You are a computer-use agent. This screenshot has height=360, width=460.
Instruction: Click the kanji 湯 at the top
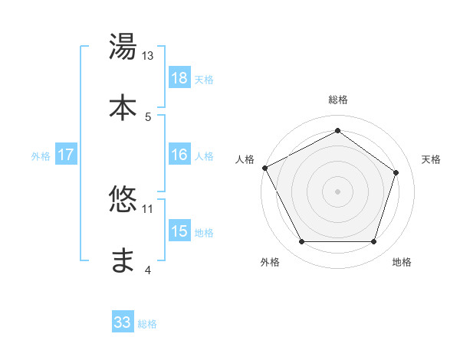tap(123, 48)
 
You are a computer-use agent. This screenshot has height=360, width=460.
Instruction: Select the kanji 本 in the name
tap(123, 106)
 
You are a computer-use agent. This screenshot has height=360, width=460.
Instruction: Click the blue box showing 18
tap(179, 78)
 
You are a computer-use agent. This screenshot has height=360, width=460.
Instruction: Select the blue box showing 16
tap(179, 155)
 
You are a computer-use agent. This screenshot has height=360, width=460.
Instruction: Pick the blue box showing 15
tap(179, 231)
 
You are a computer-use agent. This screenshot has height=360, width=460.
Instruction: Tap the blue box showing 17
tap(66, 155)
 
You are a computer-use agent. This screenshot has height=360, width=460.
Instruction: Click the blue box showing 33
tap(123, 322)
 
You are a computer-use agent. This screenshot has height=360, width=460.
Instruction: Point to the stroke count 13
tap(148, 56)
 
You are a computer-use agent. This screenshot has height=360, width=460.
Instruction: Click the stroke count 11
tap(148, 208)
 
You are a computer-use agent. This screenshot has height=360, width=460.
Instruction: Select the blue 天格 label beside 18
tap(204, 80)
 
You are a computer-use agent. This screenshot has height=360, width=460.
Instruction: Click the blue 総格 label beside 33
tap(147, 324)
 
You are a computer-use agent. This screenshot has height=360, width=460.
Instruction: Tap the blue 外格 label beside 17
tap(41, 156)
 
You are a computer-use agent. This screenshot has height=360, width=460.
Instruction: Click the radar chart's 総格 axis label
tap(337, 100)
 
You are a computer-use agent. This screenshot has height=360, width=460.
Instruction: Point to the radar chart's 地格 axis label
tap(402, 263)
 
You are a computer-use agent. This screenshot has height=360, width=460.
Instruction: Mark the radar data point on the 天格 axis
tap(396, 173)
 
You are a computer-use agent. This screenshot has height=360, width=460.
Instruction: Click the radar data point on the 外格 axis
tap(301, 242)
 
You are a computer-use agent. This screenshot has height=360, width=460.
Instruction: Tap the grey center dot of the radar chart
tap(337, 191)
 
